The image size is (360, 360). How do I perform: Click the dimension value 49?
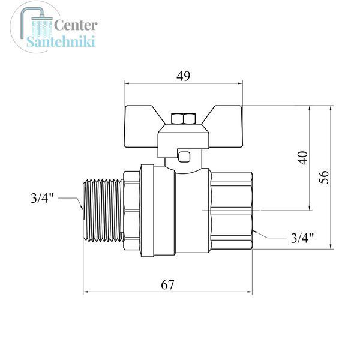point(184,76)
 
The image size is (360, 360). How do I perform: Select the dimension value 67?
point(167,285)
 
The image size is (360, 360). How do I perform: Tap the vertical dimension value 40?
point(303,158)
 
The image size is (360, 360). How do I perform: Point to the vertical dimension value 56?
point(324,177)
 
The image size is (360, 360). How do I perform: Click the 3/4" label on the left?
point(43,197)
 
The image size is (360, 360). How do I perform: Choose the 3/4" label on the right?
point(302,238)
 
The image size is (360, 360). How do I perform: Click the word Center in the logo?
point(76,25)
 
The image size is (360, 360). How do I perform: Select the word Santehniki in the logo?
point(61,42)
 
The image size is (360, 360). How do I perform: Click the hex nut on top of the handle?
point(184,119)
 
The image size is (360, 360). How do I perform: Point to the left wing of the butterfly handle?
point(143,126)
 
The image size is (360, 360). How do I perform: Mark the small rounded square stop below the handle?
point(184,157)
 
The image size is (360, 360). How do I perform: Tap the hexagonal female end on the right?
point(231,211)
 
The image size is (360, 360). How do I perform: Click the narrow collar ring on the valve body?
point(147,211)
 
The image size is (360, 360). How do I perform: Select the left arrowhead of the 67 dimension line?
point(85,292)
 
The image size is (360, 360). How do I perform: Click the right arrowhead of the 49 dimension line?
point(240,83)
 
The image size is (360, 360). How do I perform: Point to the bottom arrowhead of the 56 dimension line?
point(331,247)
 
